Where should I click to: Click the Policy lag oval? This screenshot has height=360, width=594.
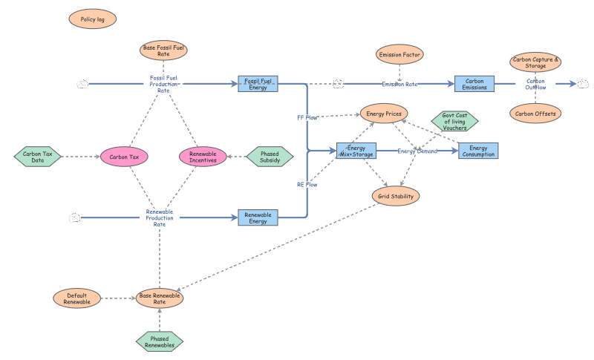92,19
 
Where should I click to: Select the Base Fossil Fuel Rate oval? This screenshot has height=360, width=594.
163,50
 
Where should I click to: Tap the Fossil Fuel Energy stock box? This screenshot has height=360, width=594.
258,84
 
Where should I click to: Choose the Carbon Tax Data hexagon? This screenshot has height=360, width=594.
38,157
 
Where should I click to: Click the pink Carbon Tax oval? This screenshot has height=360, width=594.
124,157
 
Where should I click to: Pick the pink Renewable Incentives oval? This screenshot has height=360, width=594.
203,157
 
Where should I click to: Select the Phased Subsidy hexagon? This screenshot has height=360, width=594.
270,157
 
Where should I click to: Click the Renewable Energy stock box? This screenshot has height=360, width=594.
258,217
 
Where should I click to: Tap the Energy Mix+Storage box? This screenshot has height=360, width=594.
356,151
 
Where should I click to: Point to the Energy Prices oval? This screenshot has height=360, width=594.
384,113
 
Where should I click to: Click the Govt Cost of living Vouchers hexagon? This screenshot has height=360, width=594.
454,121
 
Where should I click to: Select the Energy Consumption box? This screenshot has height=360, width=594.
478,151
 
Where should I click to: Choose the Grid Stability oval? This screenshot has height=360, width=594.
396,196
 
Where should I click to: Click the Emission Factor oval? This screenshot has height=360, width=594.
399,54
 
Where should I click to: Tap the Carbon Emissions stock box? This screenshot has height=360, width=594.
474,84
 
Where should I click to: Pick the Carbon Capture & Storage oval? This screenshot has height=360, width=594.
535,62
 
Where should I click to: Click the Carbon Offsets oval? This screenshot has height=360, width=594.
535,113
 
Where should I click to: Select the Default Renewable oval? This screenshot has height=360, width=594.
77,298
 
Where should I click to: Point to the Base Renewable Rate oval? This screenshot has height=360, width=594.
160,298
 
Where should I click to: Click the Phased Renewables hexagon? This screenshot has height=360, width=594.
160,342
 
